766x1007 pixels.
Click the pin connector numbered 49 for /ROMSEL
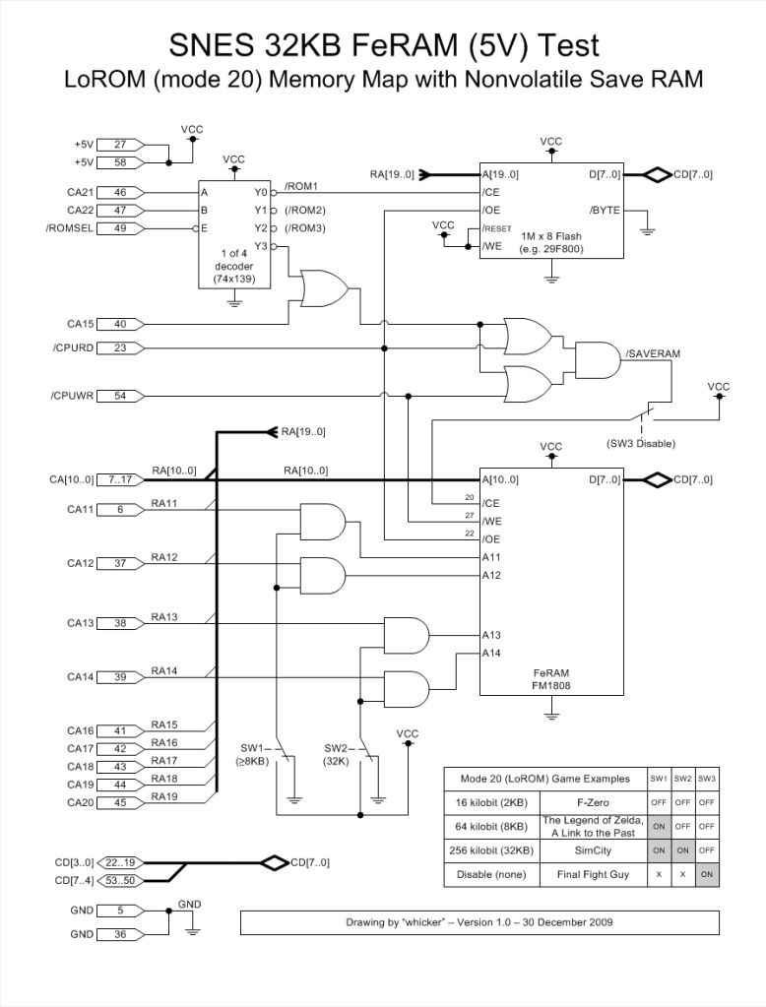click(120, 228)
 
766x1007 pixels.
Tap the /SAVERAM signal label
click(653, 352)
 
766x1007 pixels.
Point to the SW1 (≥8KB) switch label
click(253, 755)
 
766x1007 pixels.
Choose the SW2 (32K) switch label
click(337, 755)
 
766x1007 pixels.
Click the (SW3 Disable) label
click(641, 444)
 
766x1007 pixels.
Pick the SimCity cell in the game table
click(593, 850)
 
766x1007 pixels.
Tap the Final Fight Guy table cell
click(593, 873)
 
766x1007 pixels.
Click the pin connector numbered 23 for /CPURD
click(120, 347)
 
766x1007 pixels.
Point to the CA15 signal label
click(81, 323)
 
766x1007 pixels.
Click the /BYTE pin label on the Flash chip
click(604, 211)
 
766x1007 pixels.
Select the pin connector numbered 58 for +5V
click(120, 162)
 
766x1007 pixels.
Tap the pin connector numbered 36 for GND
click(120, 934)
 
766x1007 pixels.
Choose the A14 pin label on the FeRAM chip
click(491, 653)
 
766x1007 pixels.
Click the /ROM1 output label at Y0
click(300, 187)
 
